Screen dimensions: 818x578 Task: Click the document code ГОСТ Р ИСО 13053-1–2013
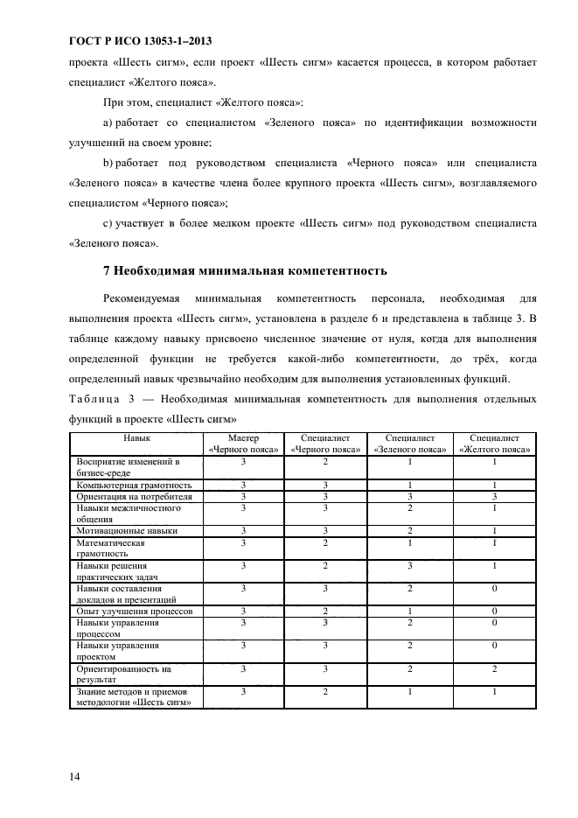(140, 41)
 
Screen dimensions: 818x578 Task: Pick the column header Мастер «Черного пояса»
(244, 444)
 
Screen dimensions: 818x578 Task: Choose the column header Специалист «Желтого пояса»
(494, 444)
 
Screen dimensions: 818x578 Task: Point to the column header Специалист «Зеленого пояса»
(410, 444)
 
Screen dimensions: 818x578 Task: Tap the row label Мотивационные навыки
(127, 530)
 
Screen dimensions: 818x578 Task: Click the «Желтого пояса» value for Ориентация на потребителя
(494, 495)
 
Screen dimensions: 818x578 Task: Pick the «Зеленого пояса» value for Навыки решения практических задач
(410, 565)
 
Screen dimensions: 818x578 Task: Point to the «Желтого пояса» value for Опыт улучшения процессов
(494, 611)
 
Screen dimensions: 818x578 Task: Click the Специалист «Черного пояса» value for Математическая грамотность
(326, 542)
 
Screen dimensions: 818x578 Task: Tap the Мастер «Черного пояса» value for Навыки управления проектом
(244, 645)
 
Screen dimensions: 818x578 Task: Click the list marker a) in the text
(108, 123)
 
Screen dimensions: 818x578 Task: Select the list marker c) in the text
(108, 224)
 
